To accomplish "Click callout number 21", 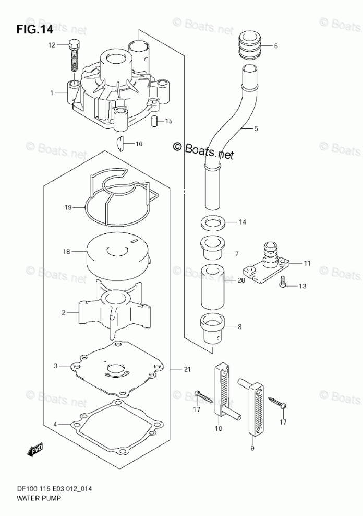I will pyautogui.click(x=187, y=369).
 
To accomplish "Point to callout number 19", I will pyautogui.click(x=68, y=208).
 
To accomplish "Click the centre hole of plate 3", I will pyautogui.click(x=116, y=371).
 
